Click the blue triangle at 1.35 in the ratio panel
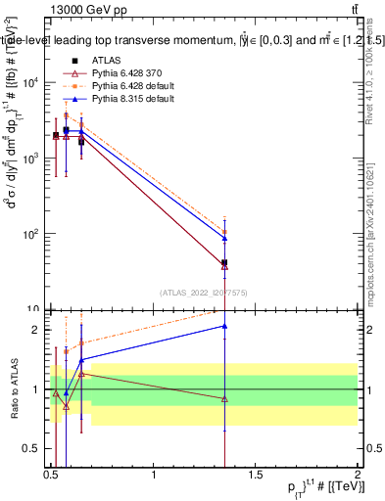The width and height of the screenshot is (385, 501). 225,326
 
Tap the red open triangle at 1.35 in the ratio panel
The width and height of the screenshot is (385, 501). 225,398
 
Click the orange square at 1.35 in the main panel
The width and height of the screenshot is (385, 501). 225,232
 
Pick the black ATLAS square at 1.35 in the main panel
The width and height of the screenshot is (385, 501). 225,262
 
